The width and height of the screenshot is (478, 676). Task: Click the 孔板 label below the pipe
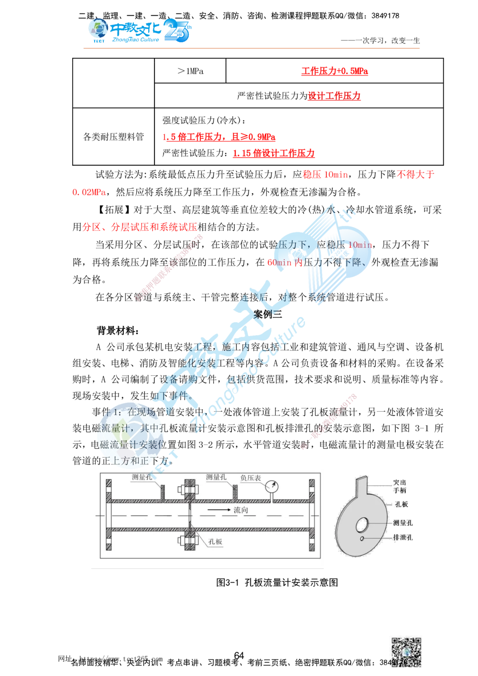[215, 542]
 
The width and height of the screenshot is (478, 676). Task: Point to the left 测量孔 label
[142, 477]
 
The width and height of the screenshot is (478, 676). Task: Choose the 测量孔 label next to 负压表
[216, 477]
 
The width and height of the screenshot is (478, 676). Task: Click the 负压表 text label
[250, 478]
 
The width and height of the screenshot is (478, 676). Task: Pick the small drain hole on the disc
[363, 539]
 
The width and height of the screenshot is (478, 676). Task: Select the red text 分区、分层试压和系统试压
[140, 227]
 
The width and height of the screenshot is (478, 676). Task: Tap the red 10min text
[360, 245]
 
